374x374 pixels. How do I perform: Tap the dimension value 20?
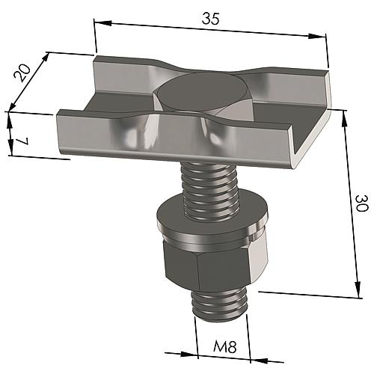(x=23, y=73)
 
